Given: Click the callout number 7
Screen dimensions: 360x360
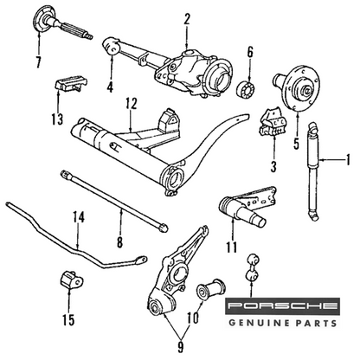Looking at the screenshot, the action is (x=38, y=61).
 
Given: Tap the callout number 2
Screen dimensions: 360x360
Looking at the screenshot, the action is (x=187, y=19).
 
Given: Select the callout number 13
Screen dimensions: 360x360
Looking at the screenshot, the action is (x=58, y=119).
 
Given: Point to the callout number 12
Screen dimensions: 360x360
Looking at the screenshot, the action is (x=132, y=104).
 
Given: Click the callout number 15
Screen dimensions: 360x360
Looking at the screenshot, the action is (x=68, y=319).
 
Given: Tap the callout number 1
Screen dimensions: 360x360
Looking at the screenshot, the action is (x=348, y=159).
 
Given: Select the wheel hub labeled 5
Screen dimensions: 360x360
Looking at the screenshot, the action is (x=297, y=88).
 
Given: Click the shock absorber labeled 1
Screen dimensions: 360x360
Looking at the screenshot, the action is (x=313, y=171).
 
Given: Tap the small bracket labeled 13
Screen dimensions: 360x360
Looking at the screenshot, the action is (x=70, y=83).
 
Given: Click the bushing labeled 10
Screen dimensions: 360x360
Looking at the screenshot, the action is (x=211, y=289).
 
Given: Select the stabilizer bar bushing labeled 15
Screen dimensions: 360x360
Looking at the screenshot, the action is (x=71, y=280).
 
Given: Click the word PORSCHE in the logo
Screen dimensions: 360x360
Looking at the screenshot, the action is (x=282, y=306).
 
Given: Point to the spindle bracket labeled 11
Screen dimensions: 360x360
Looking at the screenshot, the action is (x=247, y=207).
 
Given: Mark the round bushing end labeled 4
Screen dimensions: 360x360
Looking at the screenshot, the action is (x=112, y=46).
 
